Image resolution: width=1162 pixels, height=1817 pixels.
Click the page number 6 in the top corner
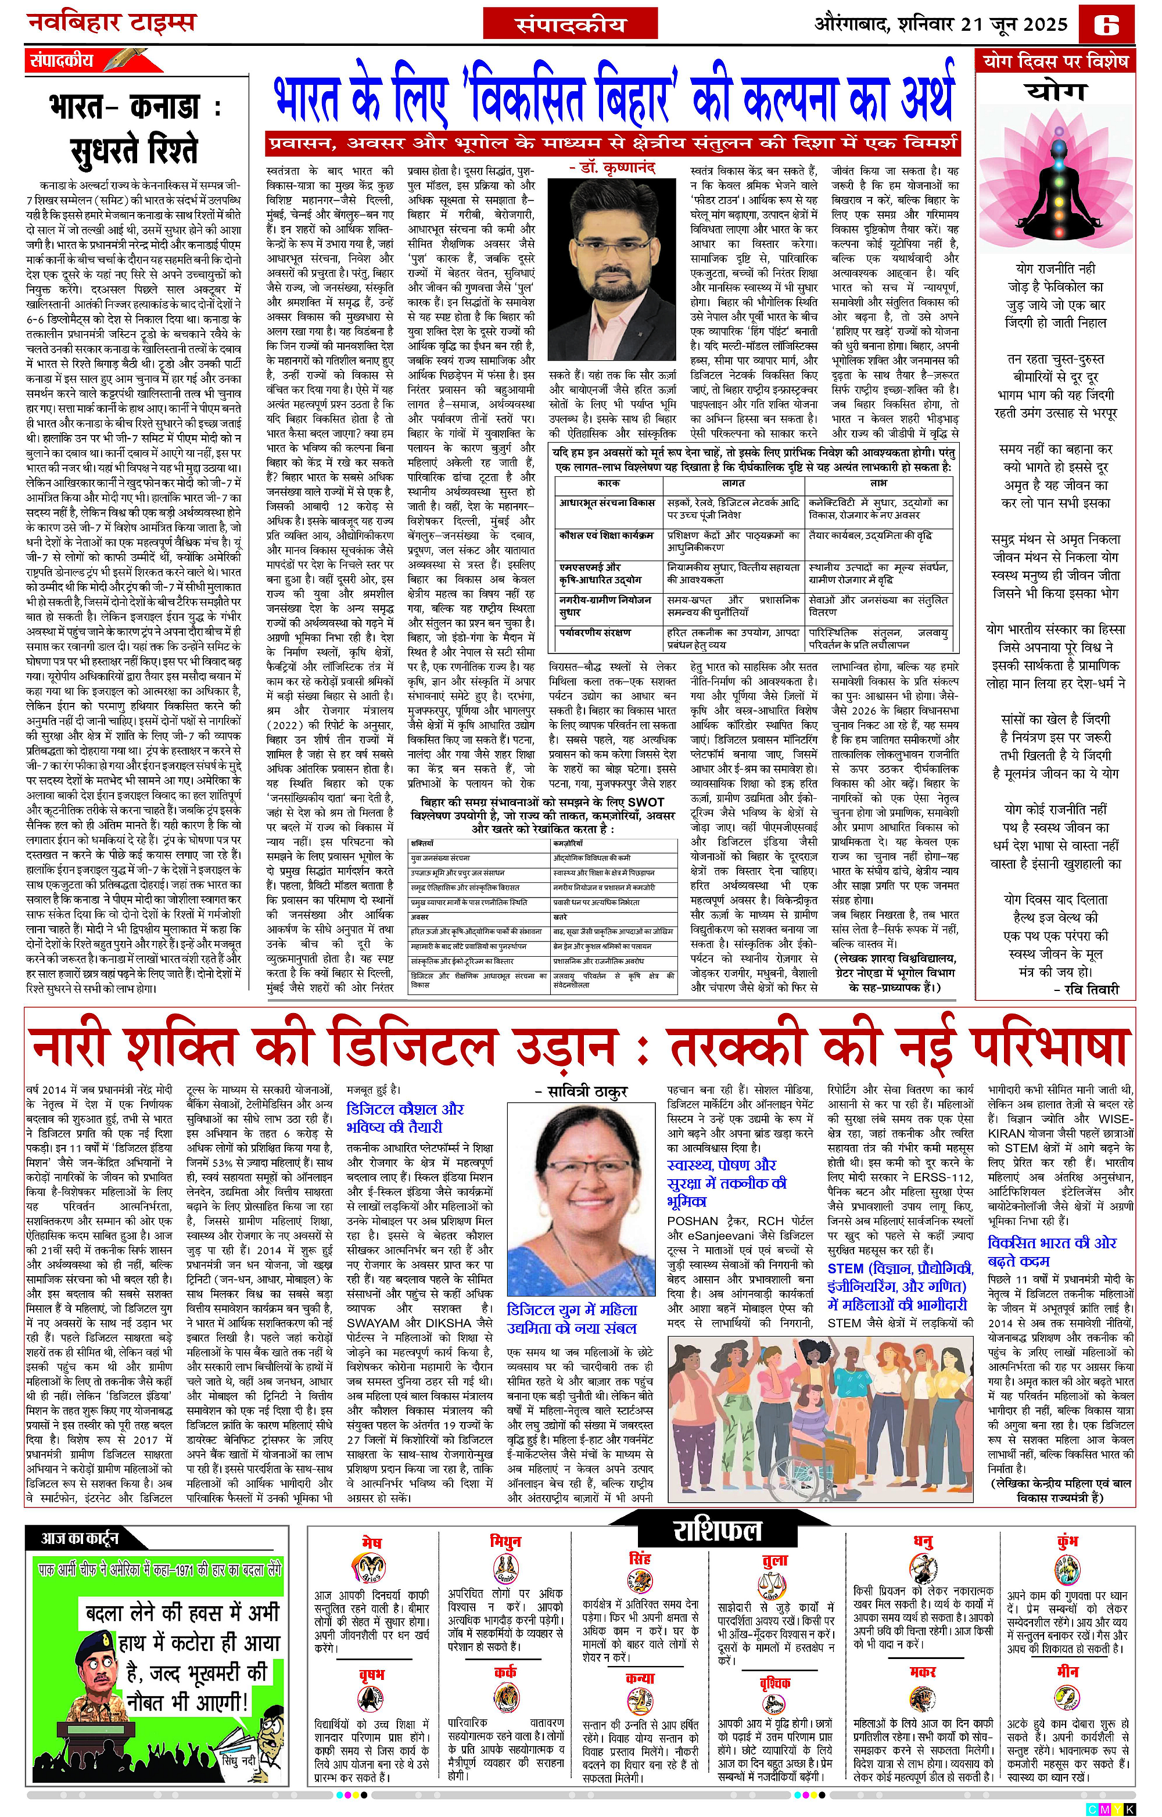click(1117, 25)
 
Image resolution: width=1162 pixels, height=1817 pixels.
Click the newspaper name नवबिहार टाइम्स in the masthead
click(111, 23)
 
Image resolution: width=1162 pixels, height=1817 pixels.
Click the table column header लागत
click(733, 482)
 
